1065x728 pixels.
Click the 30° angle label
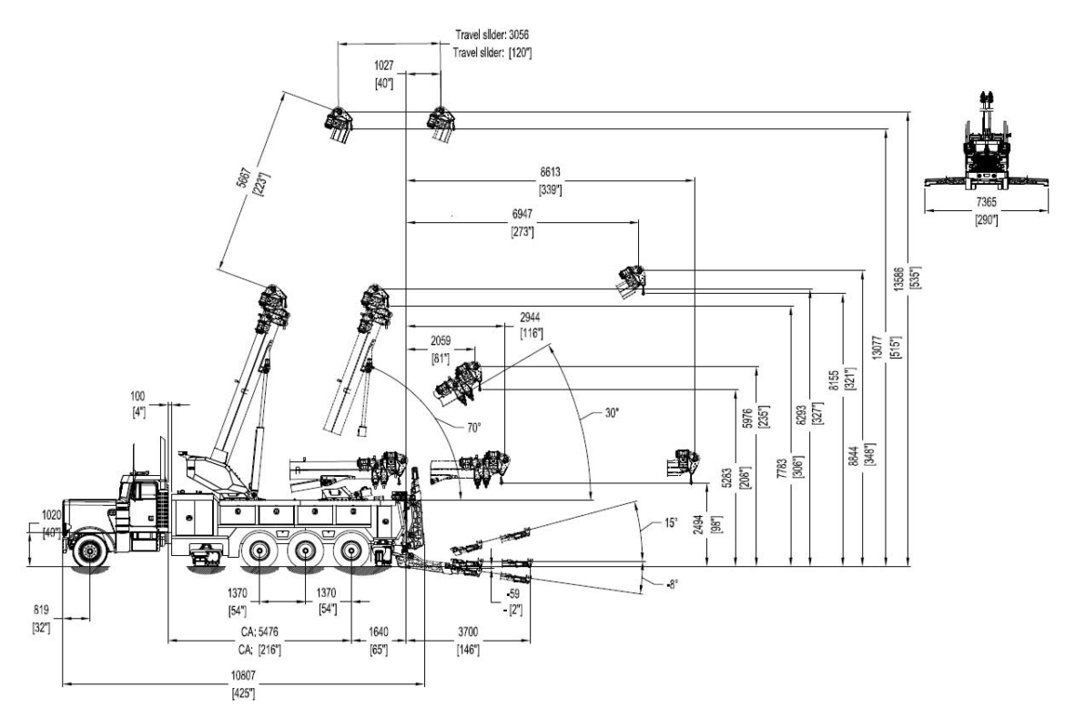tap(611, 413)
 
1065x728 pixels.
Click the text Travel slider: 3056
tap(492, 35)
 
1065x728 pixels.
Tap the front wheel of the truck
tap(89, 550)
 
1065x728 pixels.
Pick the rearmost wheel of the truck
tap(353, 551)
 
